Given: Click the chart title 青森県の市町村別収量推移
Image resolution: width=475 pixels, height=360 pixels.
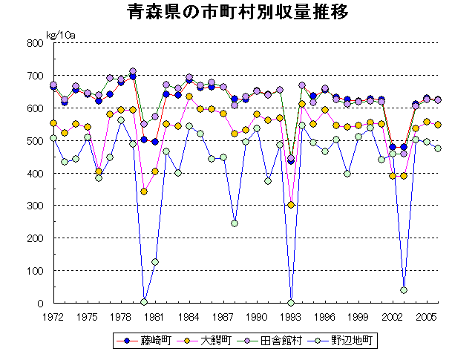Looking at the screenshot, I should (237, 14).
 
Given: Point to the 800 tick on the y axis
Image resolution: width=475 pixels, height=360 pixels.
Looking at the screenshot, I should (36, 43).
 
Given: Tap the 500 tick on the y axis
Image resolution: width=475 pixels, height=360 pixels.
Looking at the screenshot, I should (36, 141).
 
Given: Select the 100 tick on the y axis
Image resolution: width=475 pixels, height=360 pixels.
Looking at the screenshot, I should (36, 271).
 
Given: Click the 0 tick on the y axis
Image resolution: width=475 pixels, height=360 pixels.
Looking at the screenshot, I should (41, 304).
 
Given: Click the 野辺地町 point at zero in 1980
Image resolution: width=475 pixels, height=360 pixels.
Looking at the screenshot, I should (144, 302).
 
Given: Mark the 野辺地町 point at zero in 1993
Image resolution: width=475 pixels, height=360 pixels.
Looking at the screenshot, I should (291, 303).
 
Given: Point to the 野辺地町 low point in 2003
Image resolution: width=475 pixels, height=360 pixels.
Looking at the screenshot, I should (404, 290).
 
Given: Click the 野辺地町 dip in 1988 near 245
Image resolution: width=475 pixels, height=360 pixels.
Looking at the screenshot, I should (235, 223).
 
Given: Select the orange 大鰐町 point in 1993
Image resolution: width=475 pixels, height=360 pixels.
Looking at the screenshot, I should (291, 205).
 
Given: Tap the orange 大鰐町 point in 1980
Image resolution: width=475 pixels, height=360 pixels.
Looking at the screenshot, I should (144, 192).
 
